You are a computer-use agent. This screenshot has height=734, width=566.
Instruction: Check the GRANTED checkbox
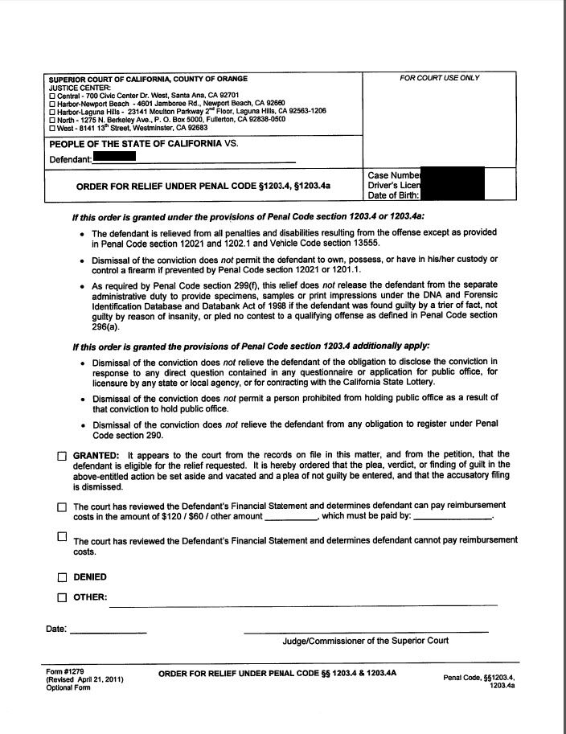[x=62, y=456]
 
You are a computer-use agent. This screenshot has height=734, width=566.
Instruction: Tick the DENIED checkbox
[x=62, y=577]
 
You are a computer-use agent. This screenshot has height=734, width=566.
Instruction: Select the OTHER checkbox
[x=62, y=597]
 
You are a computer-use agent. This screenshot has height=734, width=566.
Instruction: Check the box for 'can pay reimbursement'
[x=62, y=507]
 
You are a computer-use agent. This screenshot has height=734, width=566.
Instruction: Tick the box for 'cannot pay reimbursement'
[x=62, y=535]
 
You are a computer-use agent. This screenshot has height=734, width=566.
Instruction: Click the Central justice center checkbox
[x=52, y=96]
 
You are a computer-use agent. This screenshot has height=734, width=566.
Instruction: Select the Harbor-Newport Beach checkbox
[x=52, y=104]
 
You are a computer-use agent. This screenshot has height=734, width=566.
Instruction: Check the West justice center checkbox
[x=52, y=128]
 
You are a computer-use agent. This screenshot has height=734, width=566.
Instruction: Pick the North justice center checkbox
[x=52, y=120]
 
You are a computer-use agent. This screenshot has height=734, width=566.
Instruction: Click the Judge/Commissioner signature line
[x=366, y=630]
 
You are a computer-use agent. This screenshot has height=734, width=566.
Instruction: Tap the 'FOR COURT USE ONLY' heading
[x=439, y=78]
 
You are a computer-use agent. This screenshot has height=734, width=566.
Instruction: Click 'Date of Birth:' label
[x=394, y=195]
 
